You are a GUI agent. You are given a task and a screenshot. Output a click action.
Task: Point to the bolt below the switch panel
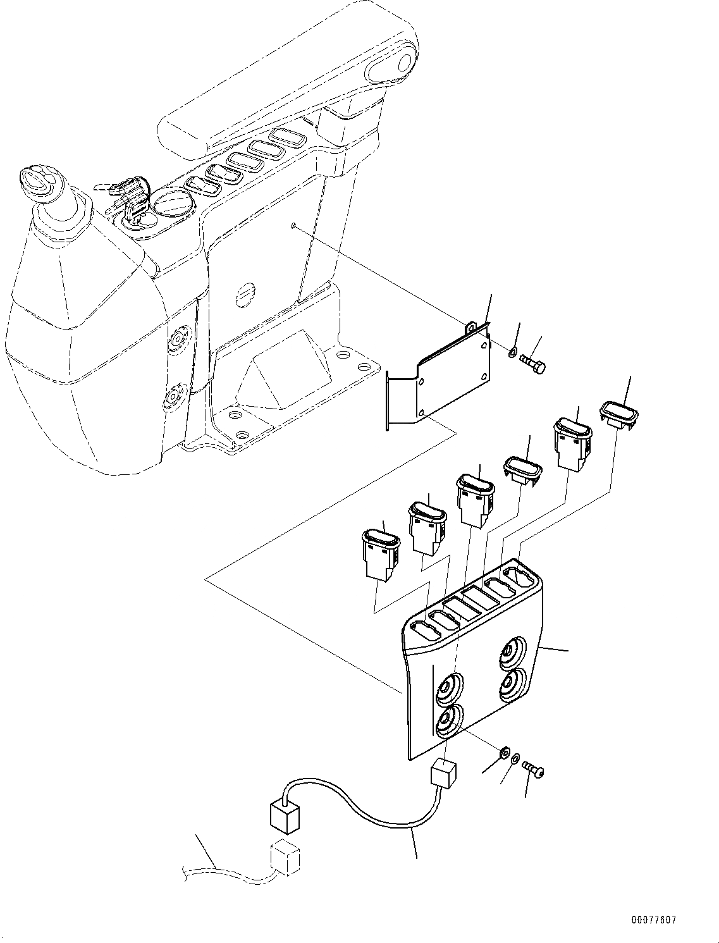coord(534,769)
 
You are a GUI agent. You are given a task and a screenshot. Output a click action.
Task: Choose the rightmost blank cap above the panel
coord(618,414)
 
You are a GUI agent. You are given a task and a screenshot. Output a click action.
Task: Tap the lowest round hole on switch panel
coord(448,722)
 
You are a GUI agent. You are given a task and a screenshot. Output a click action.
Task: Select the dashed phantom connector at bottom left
coord(285,858)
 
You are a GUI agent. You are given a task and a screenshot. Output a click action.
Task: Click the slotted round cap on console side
coord(245,293)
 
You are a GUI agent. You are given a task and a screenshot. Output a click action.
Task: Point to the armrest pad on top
coord(285,82)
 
